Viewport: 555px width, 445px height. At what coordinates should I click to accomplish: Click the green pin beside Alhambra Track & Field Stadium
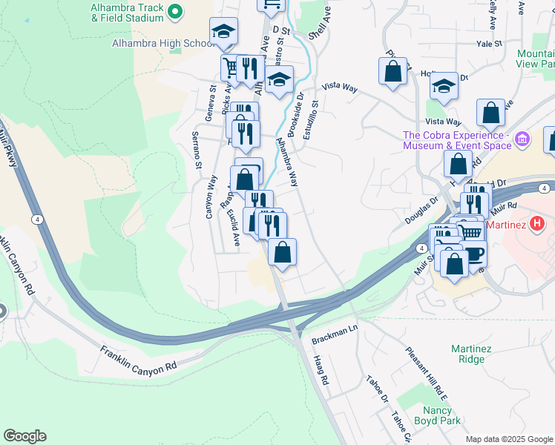pos(175,12)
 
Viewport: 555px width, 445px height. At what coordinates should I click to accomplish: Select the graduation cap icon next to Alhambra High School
pos(223,32)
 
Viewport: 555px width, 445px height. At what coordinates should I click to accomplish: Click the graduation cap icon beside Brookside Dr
pos(279,80)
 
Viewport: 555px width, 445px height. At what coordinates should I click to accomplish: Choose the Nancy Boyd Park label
pos(441,415)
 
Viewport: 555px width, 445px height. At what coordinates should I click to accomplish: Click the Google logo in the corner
pos(24,436)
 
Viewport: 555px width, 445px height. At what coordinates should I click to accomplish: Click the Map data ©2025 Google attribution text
pos(508,439)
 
